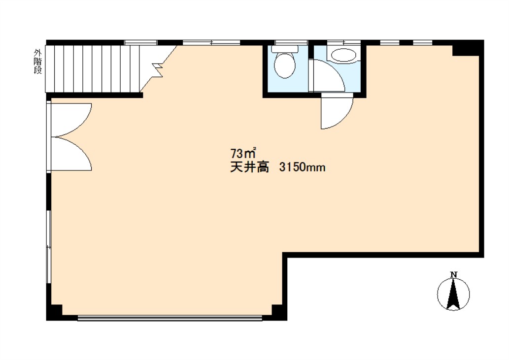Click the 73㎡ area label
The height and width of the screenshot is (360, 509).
pyautogui.click(x=243, y=153)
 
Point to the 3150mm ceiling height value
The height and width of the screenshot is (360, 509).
pyautogui.click(x=302, y=167)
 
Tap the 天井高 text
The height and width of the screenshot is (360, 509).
pyautogui.click(x=250, y=167)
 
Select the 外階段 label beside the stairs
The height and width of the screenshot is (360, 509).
pyautogui.click(x=38, y=62)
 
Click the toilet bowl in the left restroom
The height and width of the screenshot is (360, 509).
pyautogui.click(x=285, y=65)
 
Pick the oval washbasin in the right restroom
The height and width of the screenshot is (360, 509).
pyautogui.click(x=343, y=56)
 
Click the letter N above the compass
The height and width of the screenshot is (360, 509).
pyautogui.click(x=454, y=275)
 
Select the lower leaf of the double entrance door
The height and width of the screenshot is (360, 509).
pyautogui.click(x=71, y=154)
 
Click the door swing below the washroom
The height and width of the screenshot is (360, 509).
pyautogui.click(x=337, y=111)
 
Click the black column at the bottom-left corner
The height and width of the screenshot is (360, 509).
pyautogui.click(x=55, y=312)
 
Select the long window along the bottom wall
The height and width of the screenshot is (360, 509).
pyautogui.click(x=170, y=318)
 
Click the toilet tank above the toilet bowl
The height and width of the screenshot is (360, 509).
pyautogui.click(x=285, y=49)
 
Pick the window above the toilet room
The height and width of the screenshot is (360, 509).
pyautogui.click(x=291, y=42)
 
